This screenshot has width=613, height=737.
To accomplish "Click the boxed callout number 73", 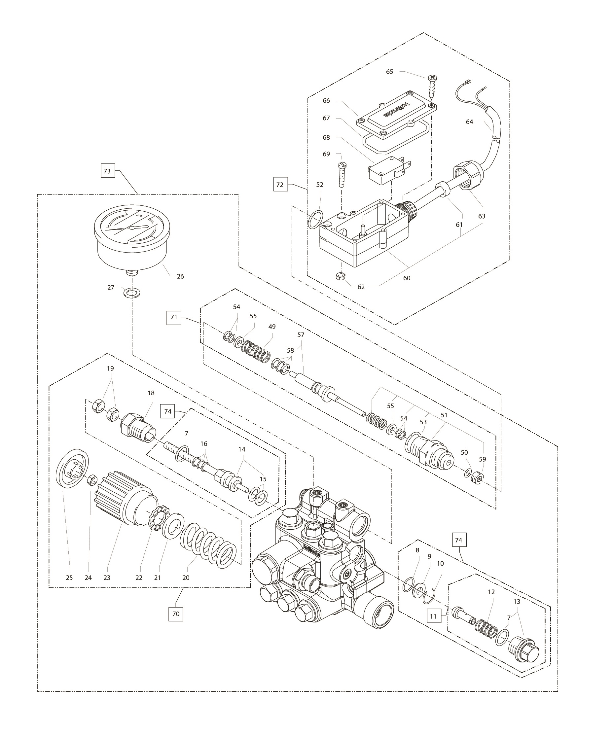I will tap(107, 171).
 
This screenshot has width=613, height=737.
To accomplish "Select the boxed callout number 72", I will tap(280, 184).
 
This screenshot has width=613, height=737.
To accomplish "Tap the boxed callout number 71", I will tap(174, 317).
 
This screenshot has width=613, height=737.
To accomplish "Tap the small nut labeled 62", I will tap(340, 276).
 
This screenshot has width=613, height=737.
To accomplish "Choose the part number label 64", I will tap(469, 122).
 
